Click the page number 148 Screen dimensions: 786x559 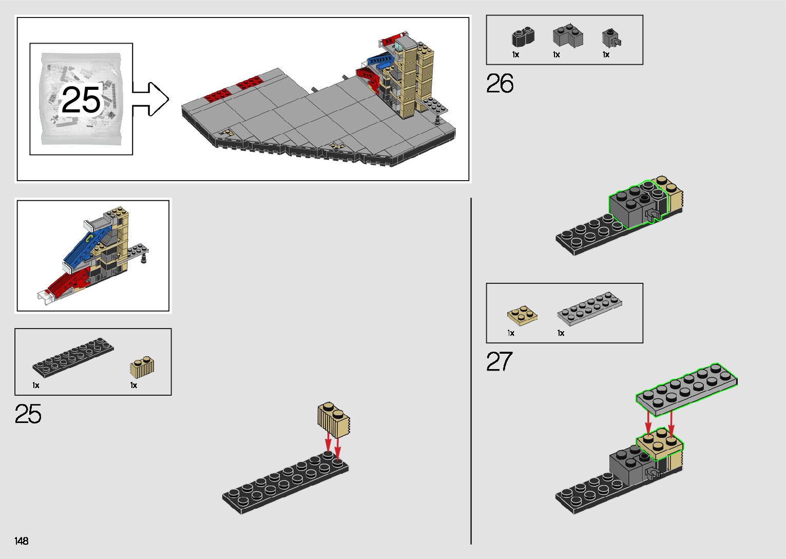tap(22, 541)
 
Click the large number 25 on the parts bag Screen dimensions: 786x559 tap(81, 100)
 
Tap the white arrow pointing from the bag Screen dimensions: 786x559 tap(150, 99)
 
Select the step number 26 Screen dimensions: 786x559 tap(500, 83)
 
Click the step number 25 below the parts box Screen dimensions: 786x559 tap(28, 414)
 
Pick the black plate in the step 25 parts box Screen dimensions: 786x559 tap(73, 358)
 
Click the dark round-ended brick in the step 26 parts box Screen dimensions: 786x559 tap(523, 37)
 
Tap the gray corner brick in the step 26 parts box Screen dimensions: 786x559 tap(568, 35)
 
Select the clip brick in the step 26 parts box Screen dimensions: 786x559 tap(611, 38)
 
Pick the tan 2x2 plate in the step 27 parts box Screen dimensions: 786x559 tap(522, 315)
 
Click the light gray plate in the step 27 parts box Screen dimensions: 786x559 tap(589, 309)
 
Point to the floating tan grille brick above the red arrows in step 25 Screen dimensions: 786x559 tap(334, 420)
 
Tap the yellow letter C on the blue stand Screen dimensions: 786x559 tap(89, 238)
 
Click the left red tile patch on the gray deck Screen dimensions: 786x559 tap(217, 95)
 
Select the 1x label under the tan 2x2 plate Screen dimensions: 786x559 tap(511, 333)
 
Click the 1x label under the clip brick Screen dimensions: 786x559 tap(606, 54)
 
